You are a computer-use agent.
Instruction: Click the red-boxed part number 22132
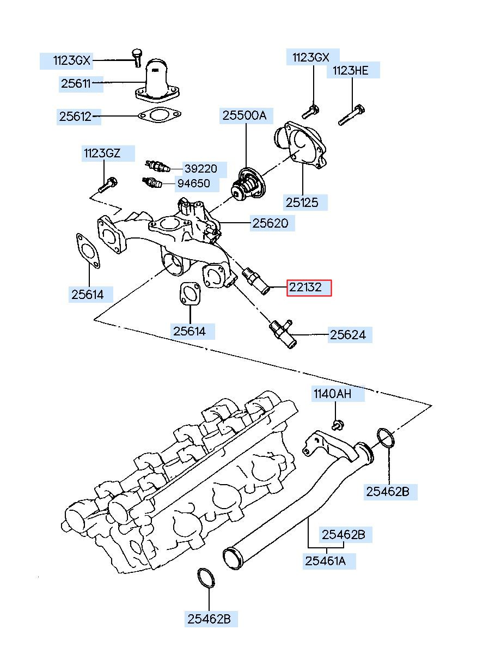305,287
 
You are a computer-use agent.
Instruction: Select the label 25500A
244,115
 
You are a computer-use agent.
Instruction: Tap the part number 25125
302,203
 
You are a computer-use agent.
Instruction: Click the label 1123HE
350,70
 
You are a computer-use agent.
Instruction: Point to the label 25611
76,84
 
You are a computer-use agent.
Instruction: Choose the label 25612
76,117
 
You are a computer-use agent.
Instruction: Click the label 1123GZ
102,153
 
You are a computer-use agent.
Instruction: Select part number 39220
201,168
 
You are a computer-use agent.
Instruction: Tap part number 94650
194,184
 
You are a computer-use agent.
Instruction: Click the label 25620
270,223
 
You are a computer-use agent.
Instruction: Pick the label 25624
348,335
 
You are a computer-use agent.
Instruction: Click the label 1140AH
332,393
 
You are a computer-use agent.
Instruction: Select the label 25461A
325,561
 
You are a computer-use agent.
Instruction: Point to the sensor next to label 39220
158,166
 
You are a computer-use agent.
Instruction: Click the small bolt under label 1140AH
338,425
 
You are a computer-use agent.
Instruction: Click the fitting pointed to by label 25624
283,333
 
